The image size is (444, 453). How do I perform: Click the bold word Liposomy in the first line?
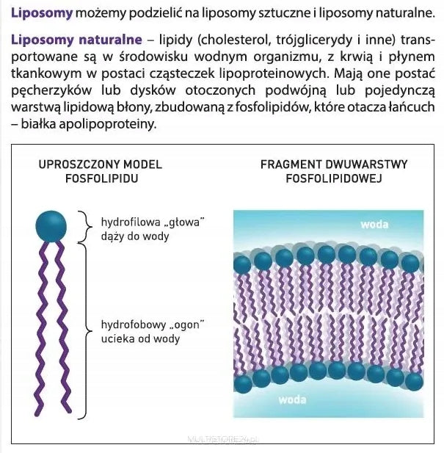[x=42, y=13]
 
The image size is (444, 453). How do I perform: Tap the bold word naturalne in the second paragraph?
[x=110, y=40]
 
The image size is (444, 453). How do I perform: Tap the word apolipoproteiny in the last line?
[x=108, y=124]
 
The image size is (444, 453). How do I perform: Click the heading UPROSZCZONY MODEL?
[x=101, y=164]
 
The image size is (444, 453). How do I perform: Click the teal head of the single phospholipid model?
[x=51, y=226]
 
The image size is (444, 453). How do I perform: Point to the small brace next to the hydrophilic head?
[x=85, y=227]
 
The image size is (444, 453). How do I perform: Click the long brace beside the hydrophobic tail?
[x=86, y=331]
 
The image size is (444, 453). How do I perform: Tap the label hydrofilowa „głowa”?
[x=153, y=222]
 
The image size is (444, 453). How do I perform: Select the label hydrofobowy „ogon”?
[x=153, y=325]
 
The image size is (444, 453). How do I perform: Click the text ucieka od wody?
[x=140, y=338]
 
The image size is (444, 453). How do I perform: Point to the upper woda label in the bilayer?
[x=374, y=225]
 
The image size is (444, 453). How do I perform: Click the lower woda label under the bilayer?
[x=292, y=400]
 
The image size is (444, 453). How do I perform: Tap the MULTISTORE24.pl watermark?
[x=223, y=440]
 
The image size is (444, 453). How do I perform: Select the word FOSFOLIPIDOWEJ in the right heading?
[x=334, y=178]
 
